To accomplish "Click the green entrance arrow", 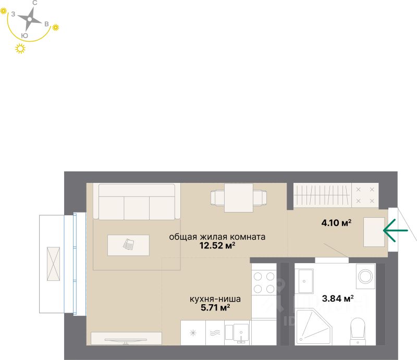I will point(395,230).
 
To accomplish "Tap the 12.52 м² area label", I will point(217,245).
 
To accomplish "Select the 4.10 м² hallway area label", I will point(336,224).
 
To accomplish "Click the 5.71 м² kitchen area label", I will point(215,308).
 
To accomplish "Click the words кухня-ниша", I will point(215,299).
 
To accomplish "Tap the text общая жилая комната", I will point(217,237).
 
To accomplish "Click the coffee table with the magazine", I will point(128,245).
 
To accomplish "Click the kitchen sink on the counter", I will point(240,332).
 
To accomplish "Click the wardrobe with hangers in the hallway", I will point(322,196).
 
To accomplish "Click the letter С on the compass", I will point(34,3).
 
